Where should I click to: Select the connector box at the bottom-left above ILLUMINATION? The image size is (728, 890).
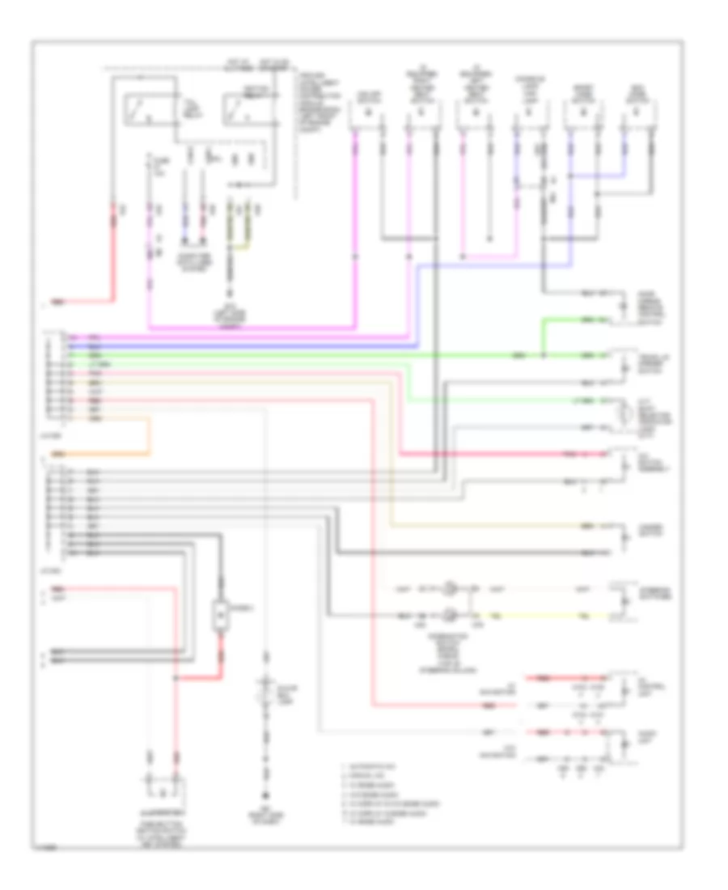tap(164, 786)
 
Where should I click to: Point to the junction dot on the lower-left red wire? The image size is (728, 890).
tap(176, 678)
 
